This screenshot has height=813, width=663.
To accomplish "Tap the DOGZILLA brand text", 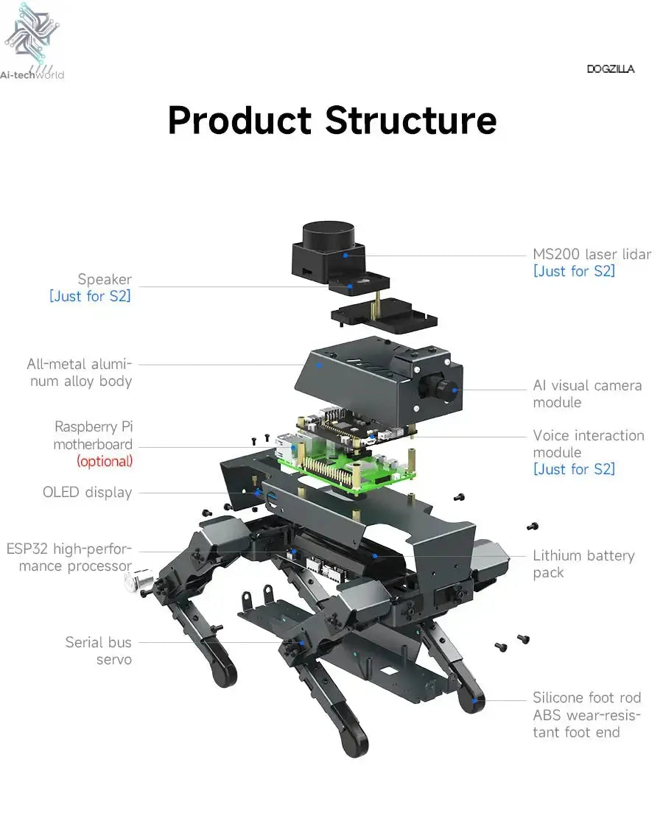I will click(x=610, y=69).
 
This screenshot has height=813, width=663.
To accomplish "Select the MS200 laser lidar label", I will click(x=592, y=255).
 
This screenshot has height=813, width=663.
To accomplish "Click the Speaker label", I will click(x=105, y=279).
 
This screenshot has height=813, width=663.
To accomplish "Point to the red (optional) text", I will click(x=105, y=462).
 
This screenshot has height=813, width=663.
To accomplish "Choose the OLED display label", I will click(x=87, y=493).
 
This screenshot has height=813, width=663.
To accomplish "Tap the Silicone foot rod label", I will click(x=586, y=697).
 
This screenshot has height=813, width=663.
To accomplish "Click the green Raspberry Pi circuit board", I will click(x=346, y=471).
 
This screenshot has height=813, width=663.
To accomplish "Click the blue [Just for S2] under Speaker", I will click(x=90, y=297).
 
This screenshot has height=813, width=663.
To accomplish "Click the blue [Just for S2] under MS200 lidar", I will click(x=573, y=272).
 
